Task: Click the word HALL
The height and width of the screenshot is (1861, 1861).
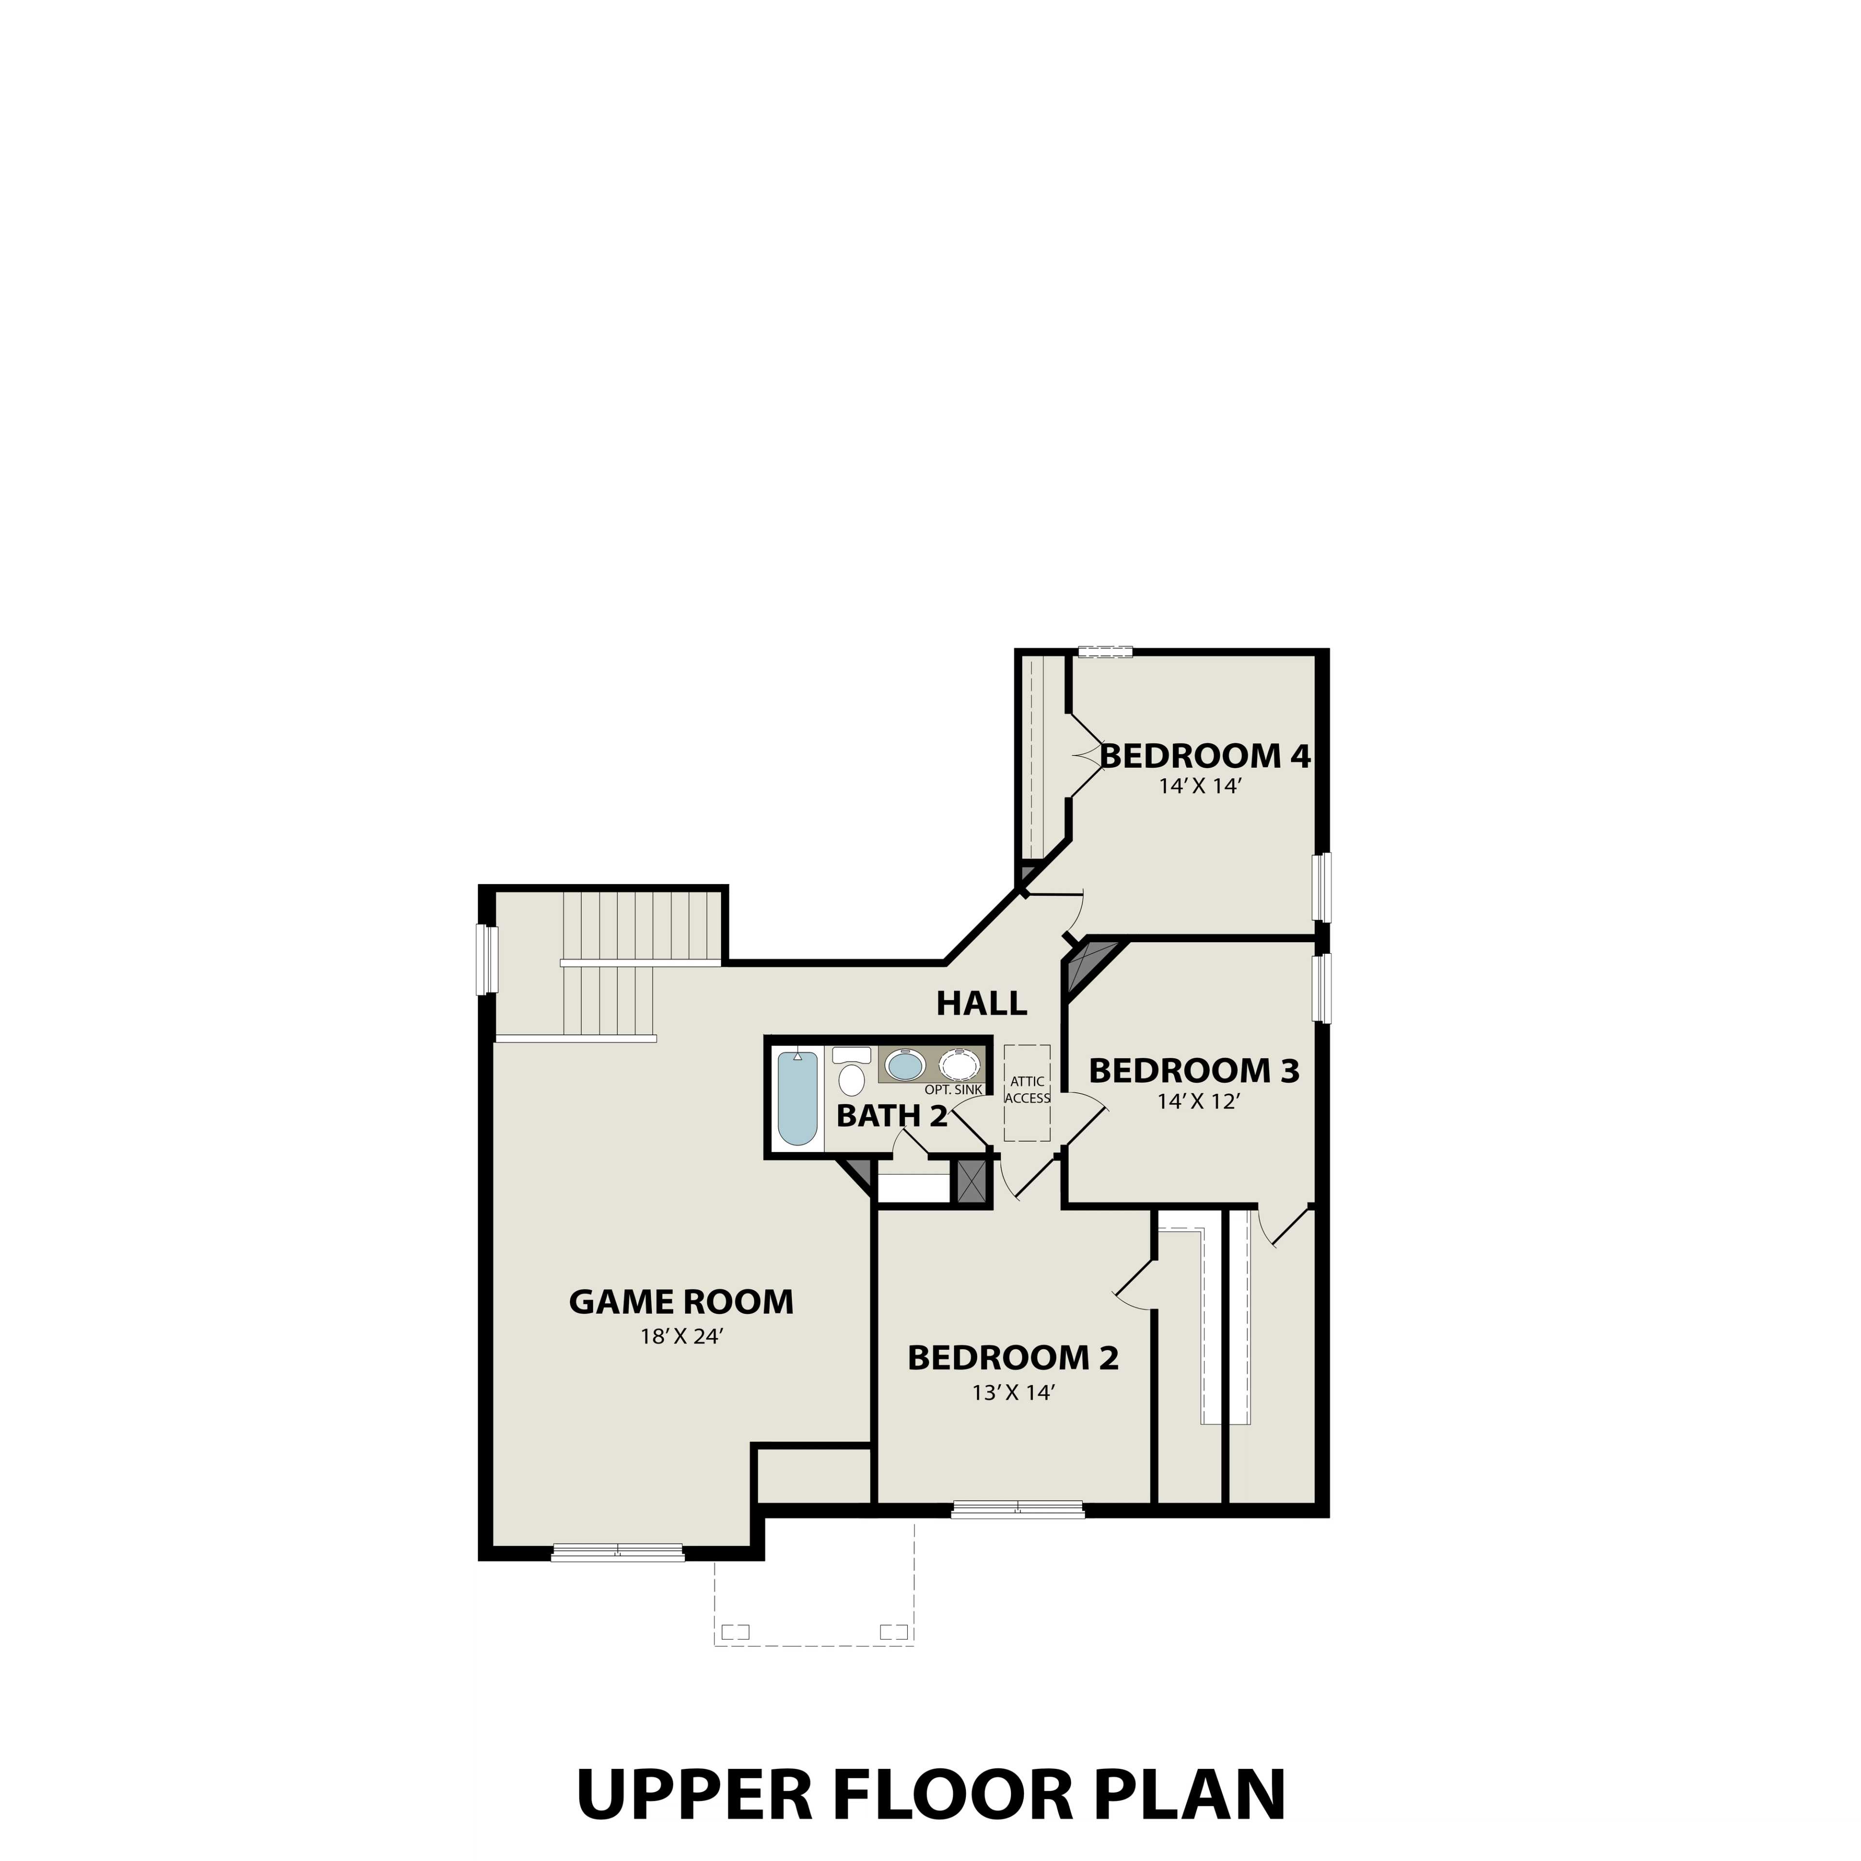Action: pos(981,1004)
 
